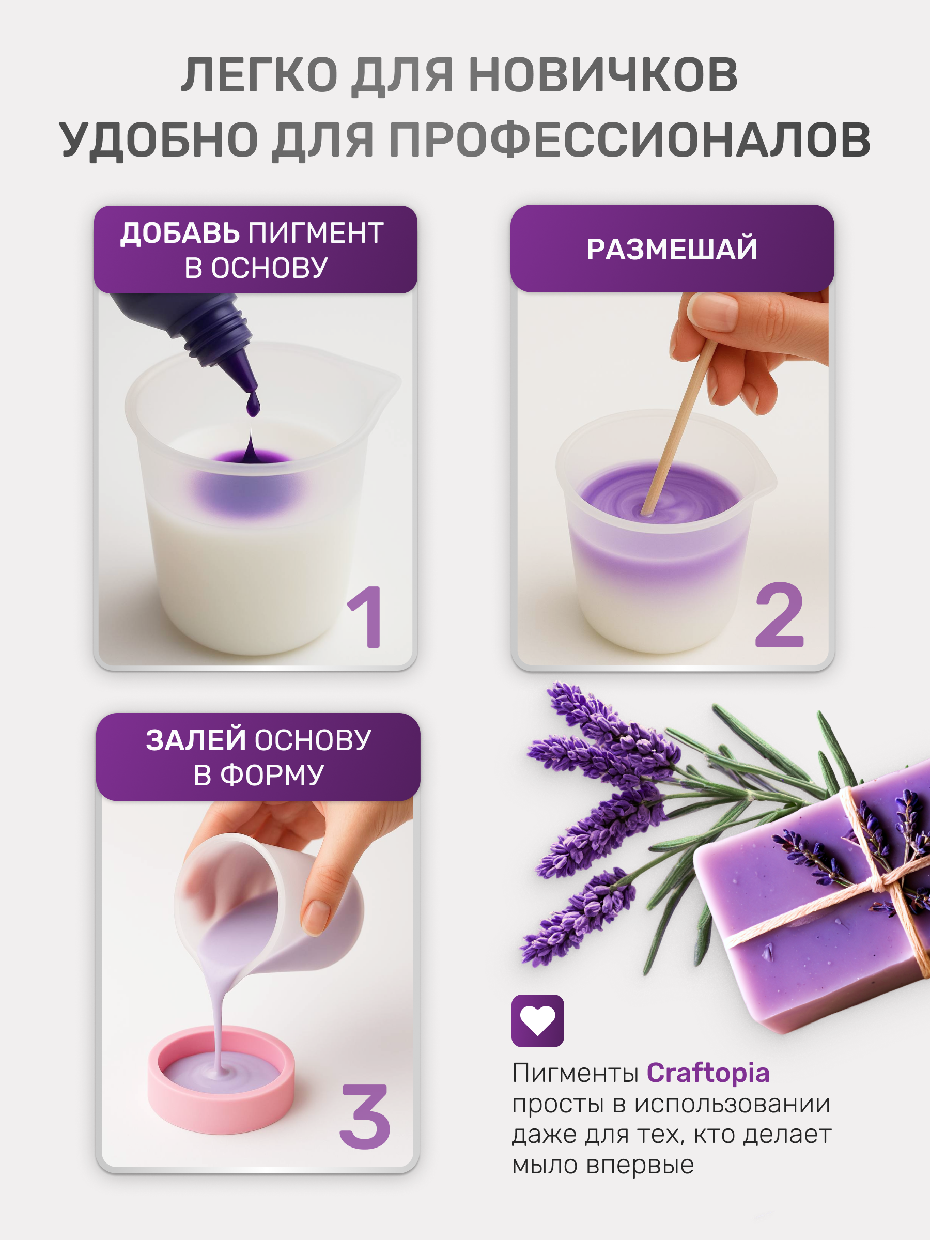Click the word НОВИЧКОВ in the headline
pos(603,75)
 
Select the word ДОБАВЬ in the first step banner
pos(180,233)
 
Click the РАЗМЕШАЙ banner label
pos(672,250)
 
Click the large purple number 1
pos(366,616)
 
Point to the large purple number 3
pos(365,1116)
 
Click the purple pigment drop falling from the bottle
pos(253,404)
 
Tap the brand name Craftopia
pos(708,1073)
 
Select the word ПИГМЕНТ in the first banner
pos(316,233)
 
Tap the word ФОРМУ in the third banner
pos(272,776)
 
